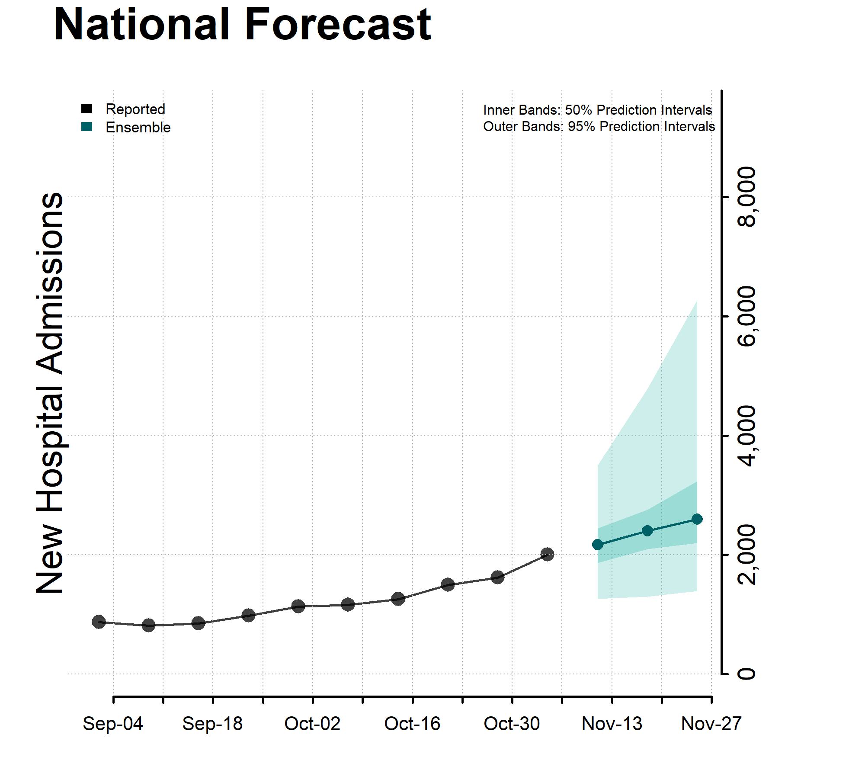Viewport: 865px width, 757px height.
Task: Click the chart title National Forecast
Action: pos(242,25)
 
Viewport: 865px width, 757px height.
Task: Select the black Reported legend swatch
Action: pos(86,109)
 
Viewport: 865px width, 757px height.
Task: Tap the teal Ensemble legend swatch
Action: pos(86,127)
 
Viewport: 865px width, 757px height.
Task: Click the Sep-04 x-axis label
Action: pos(113,724)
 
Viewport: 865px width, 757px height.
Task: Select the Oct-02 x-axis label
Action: pos(312,724)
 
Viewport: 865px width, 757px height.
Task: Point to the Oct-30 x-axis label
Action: pos(512,724)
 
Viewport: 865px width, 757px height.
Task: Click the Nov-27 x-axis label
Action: pos(711,724)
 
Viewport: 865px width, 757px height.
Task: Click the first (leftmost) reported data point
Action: pos(99,622)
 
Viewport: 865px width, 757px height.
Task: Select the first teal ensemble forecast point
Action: pos(598,545)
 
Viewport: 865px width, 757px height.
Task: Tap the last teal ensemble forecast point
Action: pos(697,519)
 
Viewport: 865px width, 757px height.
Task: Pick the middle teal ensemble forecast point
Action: pos(647,531)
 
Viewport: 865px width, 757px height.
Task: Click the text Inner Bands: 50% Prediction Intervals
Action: pos(597,110)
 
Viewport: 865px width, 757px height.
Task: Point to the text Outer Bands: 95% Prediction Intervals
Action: pos(599,126)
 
